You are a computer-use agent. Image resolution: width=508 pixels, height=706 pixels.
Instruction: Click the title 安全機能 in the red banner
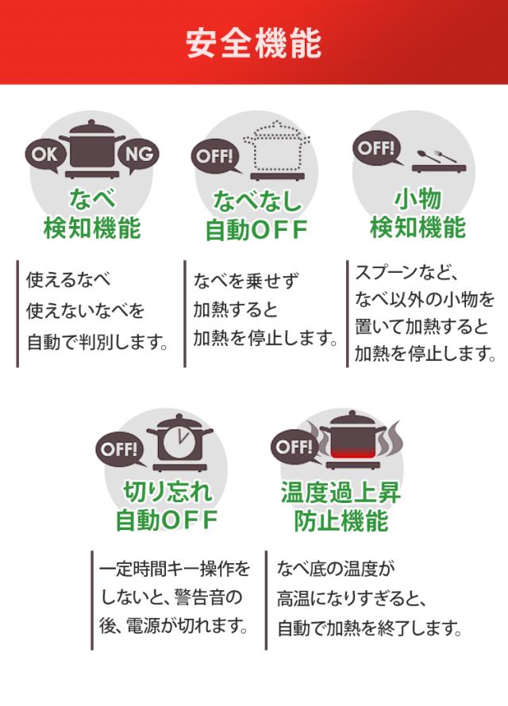[x=254, y=44]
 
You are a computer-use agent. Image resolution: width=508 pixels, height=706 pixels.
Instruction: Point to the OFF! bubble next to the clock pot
[x=117, y=449]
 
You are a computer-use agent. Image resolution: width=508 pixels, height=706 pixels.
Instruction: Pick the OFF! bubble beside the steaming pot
[x=292, y=447]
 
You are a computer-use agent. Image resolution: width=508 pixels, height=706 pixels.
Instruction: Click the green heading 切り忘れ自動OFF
[x=167, y=508]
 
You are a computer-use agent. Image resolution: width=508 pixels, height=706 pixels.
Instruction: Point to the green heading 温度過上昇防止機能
[x=341, y=508]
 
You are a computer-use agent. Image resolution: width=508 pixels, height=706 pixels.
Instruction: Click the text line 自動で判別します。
[x=98, y=343]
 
